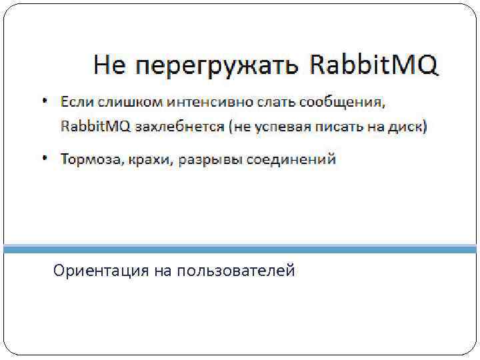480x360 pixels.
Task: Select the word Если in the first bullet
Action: tap(77, 103)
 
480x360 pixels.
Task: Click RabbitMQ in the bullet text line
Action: tap(95, 126)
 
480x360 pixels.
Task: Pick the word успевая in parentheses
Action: tap(283, 127)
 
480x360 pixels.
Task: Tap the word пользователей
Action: tap(236, 271)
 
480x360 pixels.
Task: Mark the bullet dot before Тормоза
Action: tap(45, 158)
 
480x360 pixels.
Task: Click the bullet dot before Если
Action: tap(45, 101)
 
